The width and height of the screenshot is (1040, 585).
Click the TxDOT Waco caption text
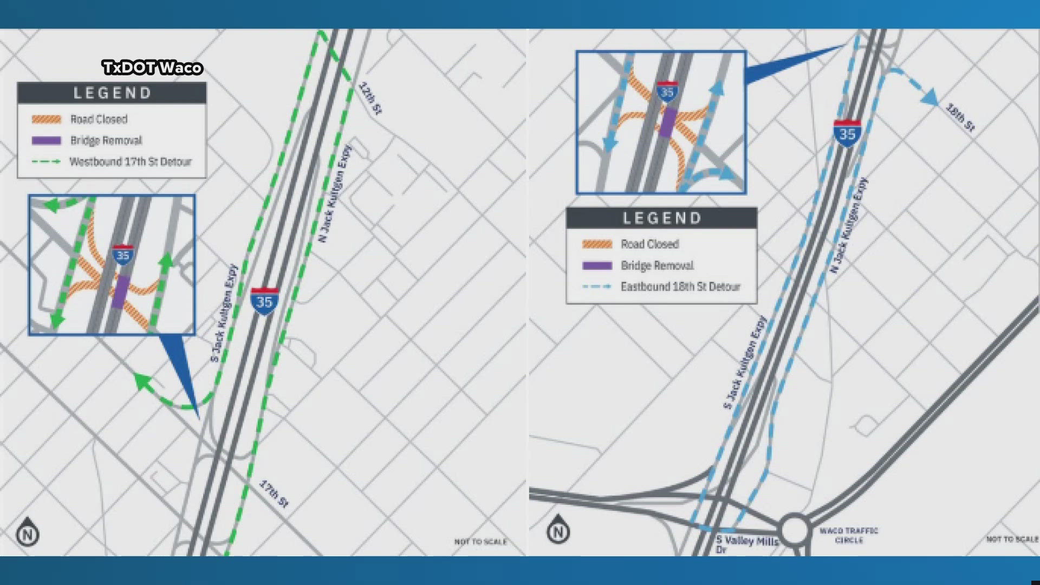[x=152, y=68]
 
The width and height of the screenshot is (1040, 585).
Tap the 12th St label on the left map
[x=370, y=98]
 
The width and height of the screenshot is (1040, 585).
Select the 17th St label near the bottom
[x=274, y=493]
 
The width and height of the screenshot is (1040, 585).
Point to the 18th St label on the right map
[x=960, y=117]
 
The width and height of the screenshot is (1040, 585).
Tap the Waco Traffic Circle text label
[x=849, y=535]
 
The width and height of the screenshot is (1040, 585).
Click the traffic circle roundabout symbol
[x=794, y=530]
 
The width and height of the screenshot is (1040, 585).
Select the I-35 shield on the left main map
[x=264, y=301]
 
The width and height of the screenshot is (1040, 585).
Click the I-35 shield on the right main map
[x=847, y=133]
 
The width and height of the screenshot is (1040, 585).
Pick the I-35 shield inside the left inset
[x=123, y=255]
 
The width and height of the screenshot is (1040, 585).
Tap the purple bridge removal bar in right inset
[x=668, y=122]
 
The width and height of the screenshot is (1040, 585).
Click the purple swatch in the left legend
[x=47, y=140]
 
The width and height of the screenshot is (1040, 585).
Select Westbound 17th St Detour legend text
[x=130, y=162]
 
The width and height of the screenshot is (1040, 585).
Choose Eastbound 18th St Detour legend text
[x=680, y=287]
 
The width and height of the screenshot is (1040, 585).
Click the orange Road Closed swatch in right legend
[x=597, y=244]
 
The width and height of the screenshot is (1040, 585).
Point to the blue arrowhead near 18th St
[x=929, y=97]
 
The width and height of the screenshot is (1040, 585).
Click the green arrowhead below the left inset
[x=142, y=381]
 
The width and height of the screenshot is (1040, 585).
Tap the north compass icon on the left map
[x=28, y=532]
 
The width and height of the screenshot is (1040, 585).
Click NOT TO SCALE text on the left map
[x=480, y=542]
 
